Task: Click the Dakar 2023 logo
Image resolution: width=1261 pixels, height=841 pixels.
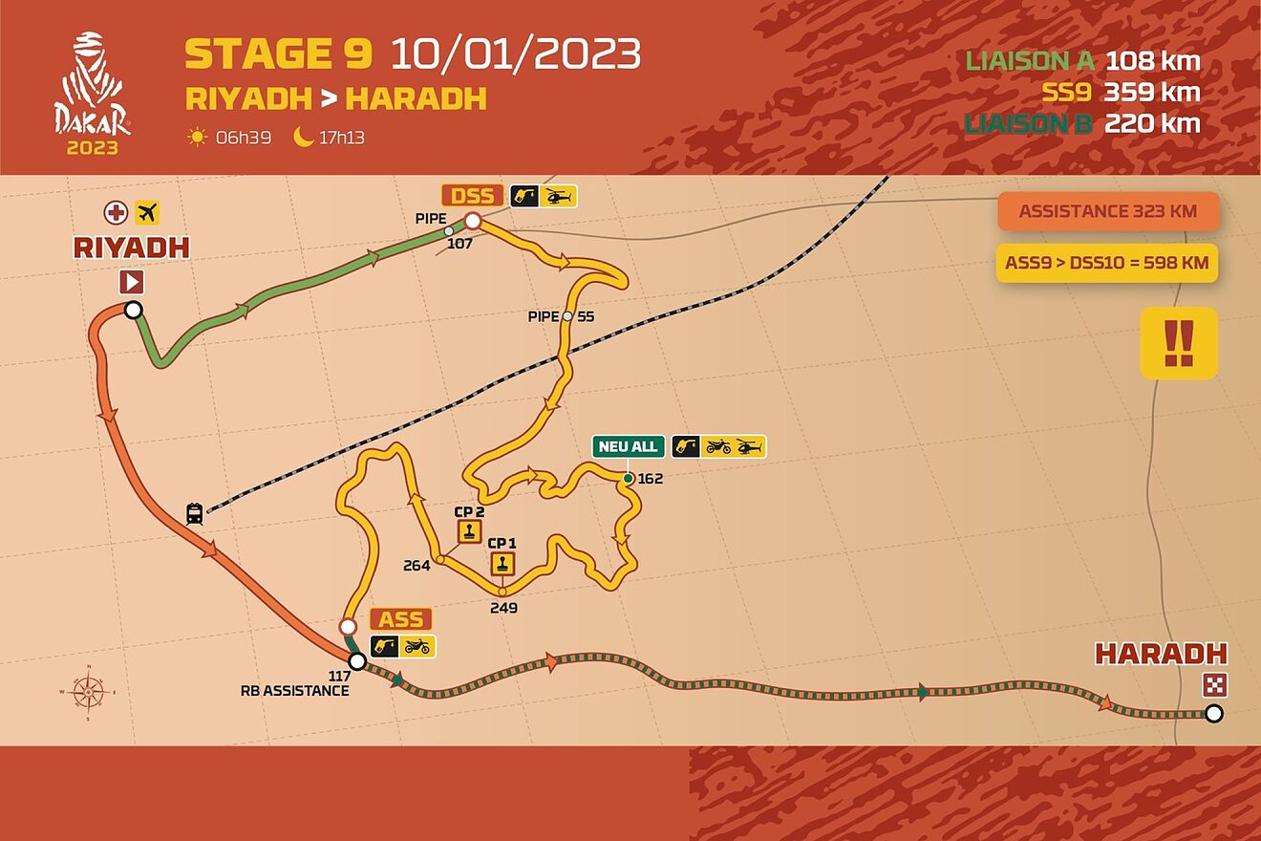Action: (x=93, y=94)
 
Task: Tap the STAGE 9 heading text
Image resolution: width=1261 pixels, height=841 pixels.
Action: (x=278, y=54)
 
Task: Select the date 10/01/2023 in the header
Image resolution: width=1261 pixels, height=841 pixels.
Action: (x=515, y=54)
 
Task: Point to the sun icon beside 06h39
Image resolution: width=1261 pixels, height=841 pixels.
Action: (x=197, y=138)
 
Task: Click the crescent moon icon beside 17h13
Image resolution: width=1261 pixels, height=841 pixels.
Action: (x=304, y=138)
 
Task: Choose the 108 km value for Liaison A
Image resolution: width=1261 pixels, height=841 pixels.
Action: (x=1152, y=62)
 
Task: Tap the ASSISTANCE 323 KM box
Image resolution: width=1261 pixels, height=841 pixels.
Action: (x=1108, y=211)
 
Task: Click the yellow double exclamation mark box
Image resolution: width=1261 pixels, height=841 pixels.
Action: (x=1179, y=343)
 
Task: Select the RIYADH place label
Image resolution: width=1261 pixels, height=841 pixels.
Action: (x=132, y=248)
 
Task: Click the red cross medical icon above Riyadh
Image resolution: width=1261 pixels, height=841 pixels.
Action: (x=117, y=212)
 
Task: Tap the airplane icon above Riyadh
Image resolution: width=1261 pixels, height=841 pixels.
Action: (x=148, y=212)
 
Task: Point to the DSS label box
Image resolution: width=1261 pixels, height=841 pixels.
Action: (x=472, y=196)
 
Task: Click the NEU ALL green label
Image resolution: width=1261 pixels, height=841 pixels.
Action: (x=628, y=446)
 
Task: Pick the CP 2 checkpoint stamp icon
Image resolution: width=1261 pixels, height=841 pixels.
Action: (x=468, y=532)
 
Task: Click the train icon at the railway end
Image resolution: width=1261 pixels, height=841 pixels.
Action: (x=195, y=514)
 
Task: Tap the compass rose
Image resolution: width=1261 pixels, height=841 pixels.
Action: (x=87, y=690)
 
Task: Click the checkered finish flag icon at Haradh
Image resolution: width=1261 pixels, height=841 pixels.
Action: (x=1214, y=685)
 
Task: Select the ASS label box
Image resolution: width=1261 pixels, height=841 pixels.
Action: (x=401, y=618)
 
